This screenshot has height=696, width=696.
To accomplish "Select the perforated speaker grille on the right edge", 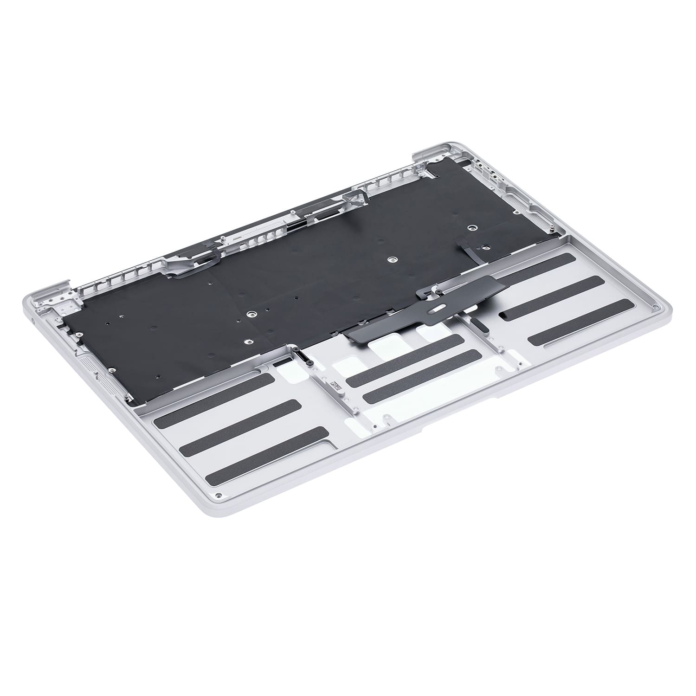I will click(524, 204).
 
